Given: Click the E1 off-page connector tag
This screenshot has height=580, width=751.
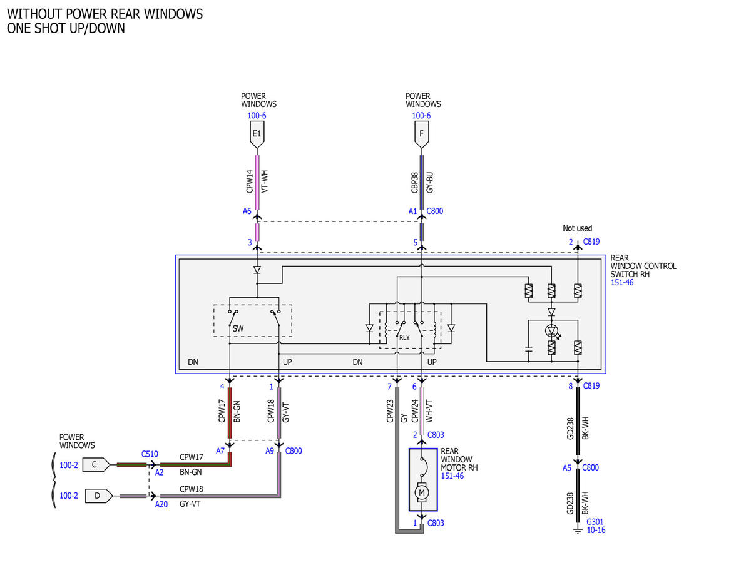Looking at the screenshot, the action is pos(257,134).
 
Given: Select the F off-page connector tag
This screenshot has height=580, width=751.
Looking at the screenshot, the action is pos(421,134).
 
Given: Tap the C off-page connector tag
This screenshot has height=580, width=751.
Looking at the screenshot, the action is pos(96,465).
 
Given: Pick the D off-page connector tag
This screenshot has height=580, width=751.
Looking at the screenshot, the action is pos(99,496).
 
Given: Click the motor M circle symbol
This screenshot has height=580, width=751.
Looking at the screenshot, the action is pos(422,492).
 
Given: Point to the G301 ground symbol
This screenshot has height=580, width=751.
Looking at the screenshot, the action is pos(578,530).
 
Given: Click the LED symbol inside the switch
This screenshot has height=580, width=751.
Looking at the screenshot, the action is pos(551,331).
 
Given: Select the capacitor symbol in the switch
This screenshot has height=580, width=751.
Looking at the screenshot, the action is pos(528,349).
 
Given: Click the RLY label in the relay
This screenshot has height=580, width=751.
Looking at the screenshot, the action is pos(404,337).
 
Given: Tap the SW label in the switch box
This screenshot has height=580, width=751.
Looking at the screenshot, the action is pos(238,328).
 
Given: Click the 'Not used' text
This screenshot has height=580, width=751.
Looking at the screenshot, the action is pos(577,228).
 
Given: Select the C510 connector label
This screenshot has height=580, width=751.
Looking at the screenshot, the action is pos(150,454).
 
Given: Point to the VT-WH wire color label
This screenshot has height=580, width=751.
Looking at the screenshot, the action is pos(265,181).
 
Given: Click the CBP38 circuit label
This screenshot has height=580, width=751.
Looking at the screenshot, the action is pos(414,183).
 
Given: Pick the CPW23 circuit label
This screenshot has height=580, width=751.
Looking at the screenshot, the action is pos(390,411).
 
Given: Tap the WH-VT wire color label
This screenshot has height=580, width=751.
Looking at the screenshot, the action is pos(429,411).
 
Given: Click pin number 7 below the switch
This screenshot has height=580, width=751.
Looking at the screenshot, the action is pos(389,387).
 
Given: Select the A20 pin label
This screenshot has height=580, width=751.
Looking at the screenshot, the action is pos(161,504).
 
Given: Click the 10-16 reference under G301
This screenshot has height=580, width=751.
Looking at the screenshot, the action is pos(596,530).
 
